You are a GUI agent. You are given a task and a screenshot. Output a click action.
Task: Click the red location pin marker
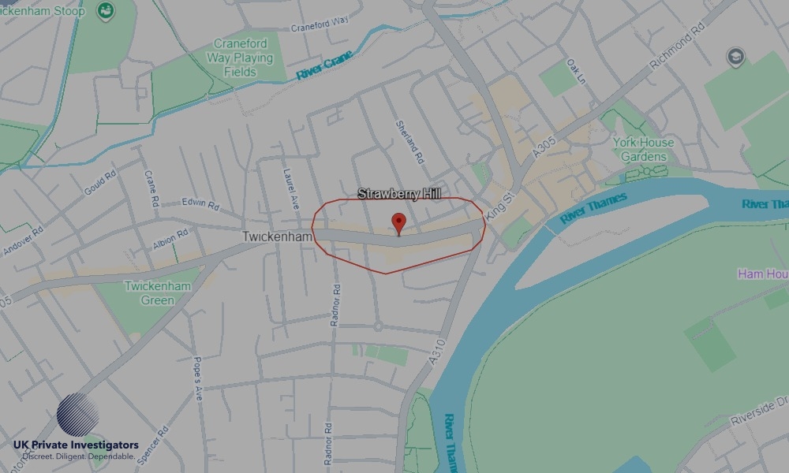[x=398, y=222]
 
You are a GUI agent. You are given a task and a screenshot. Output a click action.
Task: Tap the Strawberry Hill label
[x=399, y=194]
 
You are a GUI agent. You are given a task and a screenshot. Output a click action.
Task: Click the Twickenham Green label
[x=158, y=293]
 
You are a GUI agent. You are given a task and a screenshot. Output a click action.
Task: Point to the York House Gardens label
[x=644, y=149]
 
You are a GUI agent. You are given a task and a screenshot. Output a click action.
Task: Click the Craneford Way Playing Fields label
[x=240, y=58]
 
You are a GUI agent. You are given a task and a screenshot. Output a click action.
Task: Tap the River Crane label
[x=325, y=68]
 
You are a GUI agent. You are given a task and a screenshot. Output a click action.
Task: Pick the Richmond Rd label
[x=675, y=52]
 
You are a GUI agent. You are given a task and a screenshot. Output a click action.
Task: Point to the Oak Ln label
[x=577, y=71]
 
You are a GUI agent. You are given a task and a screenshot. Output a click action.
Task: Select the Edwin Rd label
[x=200, y=203]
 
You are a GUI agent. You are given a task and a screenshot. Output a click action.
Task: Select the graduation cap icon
[x=735, y=58]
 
